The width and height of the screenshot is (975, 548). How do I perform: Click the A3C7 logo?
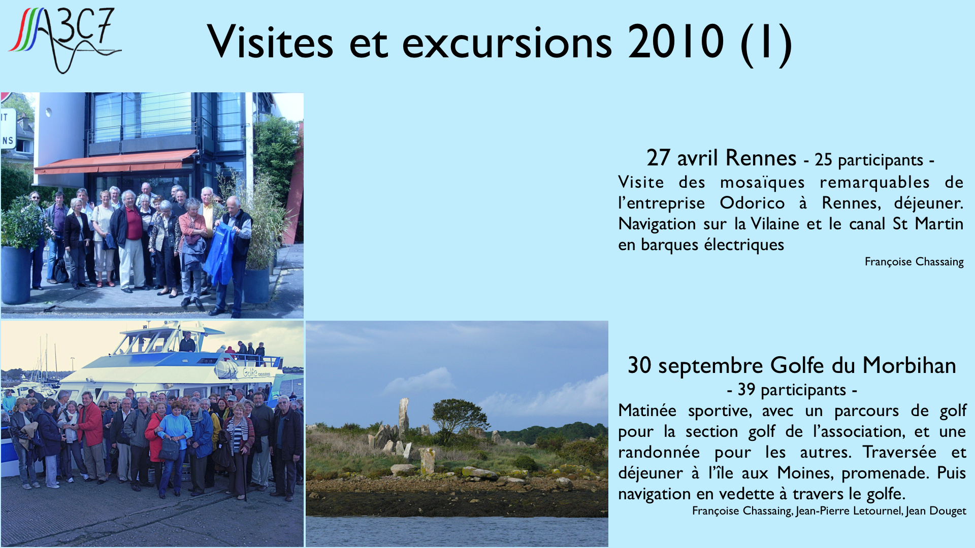(64, 40)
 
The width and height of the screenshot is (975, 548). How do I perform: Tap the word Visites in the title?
(270, 42)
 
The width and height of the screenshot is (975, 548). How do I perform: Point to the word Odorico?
(752, 203)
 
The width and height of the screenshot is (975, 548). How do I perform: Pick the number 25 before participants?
(823, 160)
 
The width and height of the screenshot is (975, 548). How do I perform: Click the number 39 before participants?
(746, 390)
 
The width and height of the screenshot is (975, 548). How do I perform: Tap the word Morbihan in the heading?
(909, 365)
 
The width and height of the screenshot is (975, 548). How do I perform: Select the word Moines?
(806, 473)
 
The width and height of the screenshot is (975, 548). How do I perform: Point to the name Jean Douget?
(936, 511)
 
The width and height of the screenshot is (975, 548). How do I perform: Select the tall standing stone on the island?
(403, 417)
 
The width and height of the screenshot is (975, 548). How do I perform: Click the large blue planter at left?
(16, 275)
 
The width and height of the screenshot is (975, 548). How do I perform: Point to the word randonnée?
(659, 452)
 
